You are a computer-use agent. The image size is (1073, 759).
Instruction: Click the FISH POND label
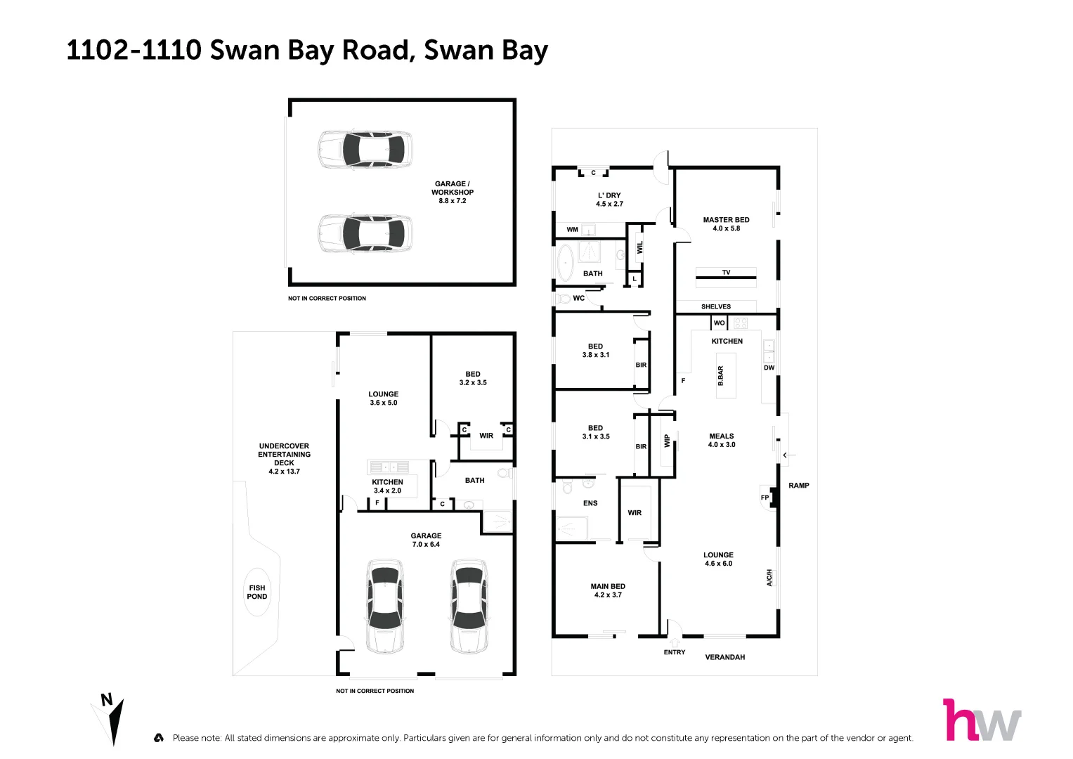257,592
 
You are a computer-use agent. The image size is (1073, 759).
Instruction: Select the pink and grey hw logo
981,720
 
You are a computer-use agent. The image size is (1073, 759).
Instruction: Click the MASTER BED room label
726,224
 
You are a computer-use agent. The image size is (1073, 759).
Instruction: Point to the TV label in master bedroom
726,273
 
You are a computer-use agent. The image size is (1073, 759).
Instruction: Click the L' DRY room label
609,200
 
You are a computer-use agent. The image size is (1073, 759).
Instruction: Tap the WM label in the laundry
573,230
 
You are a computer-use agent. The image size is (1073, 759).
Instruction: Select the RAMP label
799,486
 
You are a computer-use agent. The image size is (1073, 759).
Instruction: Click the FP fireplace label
765,498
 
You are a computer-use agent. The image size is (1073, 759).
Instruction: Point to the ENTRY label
675,652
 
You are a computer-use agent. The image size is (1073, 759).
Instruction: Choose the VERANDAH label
725,657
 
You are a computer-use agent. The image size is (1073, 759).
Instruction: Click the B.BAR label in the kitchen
720,376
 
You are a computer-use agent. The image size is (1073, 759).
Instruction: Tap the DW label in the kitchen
769,368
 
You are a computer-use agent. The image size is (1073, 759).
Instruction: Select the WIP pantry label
667,441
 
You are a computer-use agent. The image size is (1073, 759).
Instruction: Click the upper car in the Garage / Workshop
365,149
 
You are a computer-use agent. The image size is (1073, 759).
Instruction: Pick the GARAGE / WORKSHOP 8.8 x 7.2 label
453,193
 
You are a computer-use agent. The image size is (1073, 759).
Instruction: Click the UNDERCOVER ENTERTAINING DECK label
284,459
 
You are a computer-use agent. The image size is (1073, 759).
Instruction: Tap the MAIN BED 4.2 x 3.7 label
608,590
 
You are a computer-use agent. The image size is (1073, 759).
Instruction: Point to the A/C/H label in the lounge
769,578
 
